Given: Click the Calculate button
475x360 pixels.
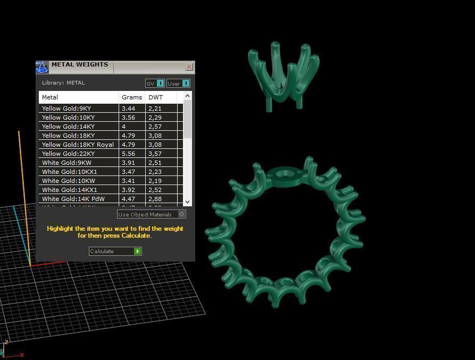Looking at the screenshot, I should click(x=115, y=251).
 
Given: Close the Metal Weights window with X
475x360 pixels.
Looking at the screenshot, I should click(x=189, y=67).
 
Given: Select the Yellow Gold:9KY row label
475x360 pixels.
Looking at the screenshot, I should click(x=66, y=108).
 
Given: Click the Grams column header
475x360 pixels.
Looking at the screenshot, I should click(x=131, y=97).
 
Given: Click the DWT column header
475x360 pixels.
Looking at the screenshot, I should click(x=155, y=97).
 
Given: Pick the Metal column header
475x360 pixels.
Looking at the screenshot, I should click(x=51, y=97).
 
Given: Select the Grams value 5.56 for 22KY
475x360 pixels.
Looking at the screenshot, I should click(x=128, y=154).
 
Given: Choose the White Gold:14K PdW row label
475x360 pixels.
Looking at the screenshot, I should click(x=73, y=199).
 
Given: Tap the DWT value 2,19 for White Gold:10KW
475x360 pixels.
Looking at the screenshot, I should click(x=155, y=181).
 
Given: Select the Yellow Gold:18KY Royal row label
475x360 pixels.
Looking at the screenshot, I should click(x=78, y=145).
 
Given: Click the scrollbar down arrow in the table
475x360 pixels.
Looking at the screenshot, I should click(x=187, y=202).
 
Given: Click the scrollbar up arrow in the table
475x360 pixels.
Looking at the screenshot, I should click(x=187, y=96).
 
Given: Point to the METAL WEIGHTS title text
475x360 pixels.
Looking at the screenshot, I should click(x=80, y=65).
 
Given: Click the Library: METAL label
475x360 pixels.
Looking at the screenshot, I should click(x=63, y=83).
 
